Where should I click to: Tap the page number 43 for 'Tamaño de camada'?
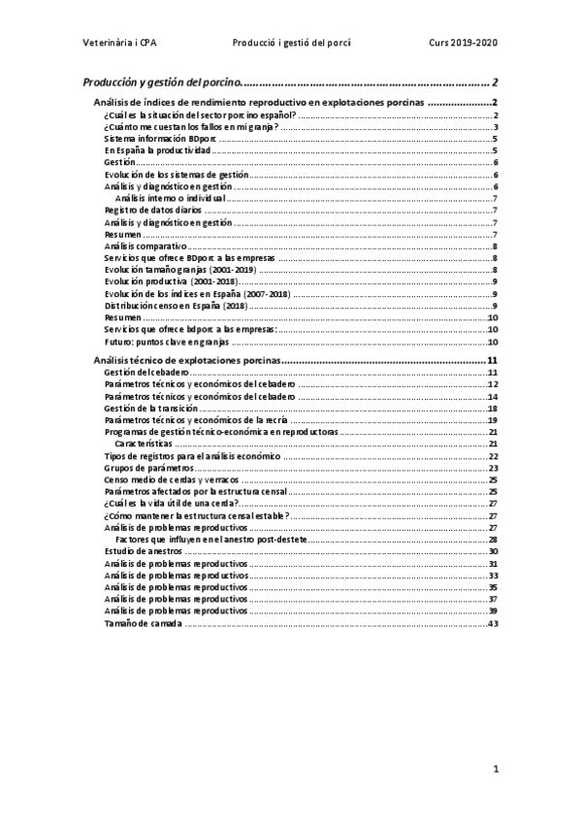coord(493,623)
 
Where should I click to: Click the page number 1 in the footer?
coord(495,771)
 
